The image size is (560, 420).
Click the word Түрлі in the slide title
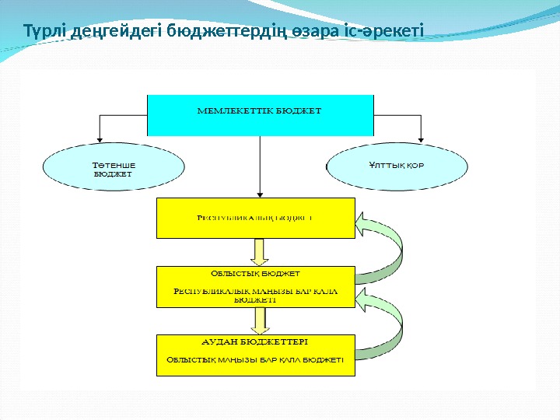point(44,33)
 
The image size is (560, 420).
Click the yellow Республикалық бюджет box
point(256,218)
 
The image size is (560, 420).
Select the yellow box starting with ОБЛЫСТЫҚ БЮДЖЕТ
point(256,285)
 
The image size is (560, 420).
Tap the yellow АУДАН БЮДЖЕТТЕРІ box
point(256,355)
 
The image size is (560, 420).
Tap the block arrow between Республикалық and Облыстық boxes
point(260,250)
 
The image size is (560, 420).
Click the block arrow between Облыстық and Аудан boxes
point(260,320)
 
